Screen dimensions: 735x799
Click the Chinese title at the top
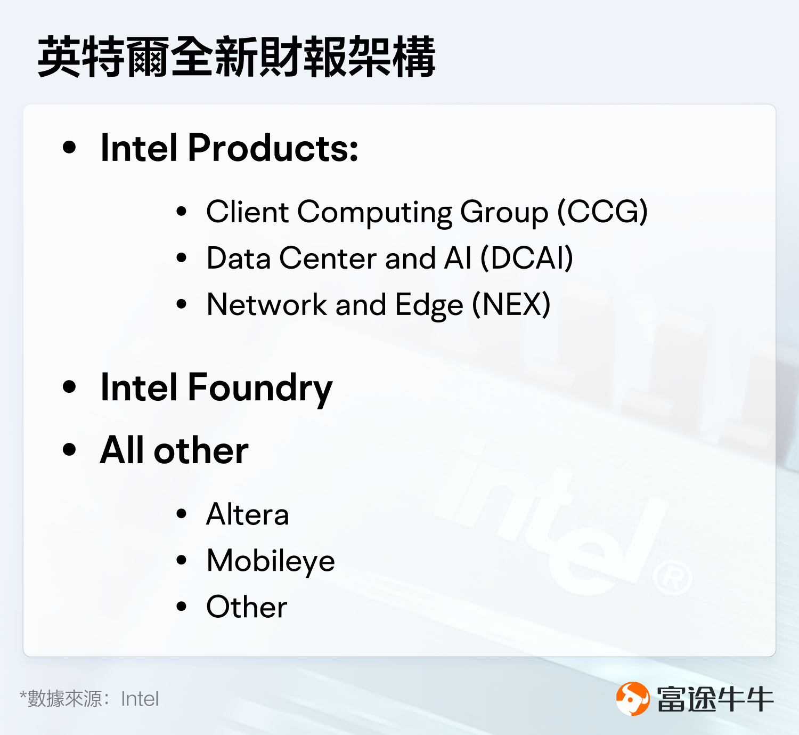pos(237,57)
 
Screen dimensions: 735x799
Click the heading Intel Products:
pos(229,148)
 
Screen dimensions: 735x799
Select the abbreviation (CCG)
pos(602,212)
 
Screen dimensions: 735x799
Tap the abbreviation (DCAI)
pos(527,259)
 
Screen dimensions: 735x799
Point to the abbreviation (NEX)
pos(511,305)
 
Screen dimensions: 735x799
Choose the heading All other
pos(174,451)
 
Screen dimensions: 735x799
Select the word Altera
pos(248,515)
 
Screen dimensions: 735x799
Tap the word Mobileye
pos(271,561)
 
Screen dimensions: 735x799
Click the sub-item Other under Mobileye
pos(247,607)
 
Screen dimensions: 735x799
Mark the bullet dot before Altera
pos(182,514)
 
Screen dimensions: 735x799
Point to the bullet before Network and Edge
pos(182,304)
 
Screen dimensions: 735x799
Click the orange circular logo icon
pos(633,698)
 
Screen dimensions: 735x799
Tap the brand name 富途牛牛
pos(715,699)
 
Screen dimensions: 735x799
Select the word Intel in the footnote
pos(140,699)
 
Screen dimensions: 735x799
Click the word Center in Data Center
pos(328,259)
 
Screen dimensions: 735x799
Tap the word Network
pos(266,305)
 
